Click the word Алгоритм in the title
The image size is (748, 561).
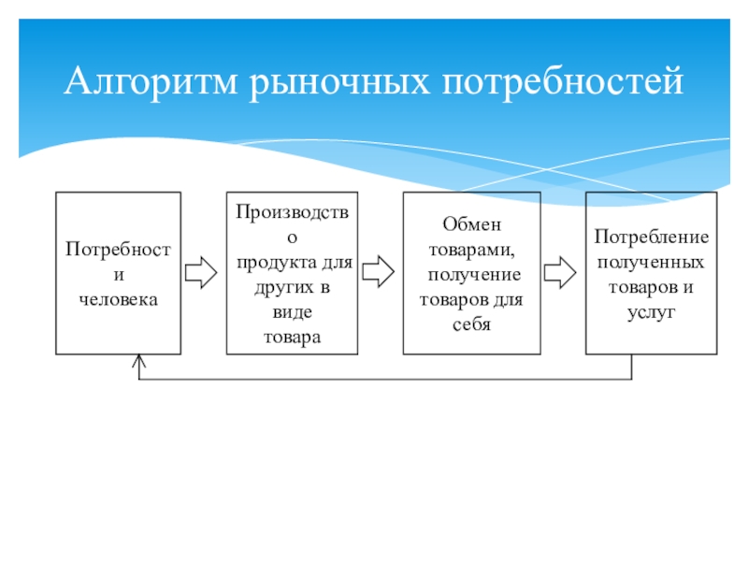pyautogui.click(x=151, y=81)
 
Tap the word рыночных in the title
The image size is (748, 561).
pyautogui.click(x=339, y=82)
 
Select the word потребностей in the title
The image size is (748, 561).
pyautogui.click(x=563, y=82)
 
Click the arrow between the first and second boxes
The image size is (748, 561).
pyautogui.click(x=201, y=272)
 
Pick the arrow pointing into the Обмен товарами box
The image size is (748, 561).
pyautogui.click(x=379, y=271)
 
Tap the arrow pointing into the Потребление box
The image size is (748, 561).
pyautogui.click(x=560, y=272)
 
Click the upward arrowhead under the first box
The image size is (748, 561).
pyautogui.click(x=138, y=361)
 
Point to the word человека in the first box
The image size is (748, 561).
pyautogui.click(x=119, y=299)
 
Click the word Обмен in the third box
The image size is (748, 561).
pyautogui.click(x=472, y=223)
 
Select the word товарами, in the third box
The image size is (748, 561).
pyautogui.click(x=472, y=250)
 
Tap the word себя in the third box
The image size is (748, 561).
pyautogui.click(x=471, y=324)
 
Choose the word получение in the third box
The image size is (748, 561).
pyautogui.click(x=474, y=275)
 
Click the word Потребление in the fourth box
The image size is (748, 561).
pyautogui.click(x=651, y=237)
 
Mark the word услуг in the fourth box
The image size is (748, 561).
pyautogui.click(x=651, y=312)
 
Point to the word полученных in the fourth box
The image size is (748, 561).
pyautogui.click(x=651, y=262)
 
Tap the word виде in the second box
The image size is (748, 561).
pyautogui.click(x=293, y=312)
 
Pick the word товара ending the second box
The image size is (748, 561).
pyautogui.click(x=293, y=338)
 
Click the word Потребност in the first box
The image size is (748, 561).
pyautogui.click(x=119, y=249)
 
